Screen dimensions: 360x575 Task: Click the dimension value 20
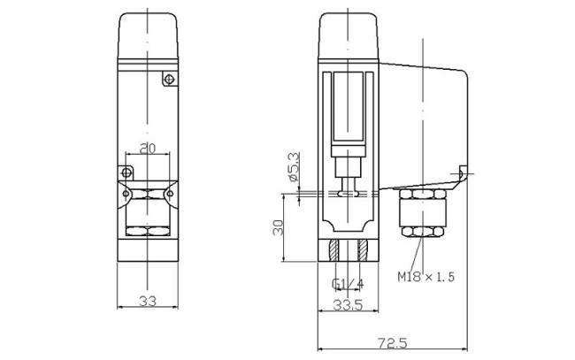[x=148, y=149]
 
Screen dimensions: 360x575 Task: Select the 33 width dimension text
[x=148, y=302]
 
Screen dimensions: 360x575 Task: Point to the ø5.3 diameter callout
[x=294, y=167]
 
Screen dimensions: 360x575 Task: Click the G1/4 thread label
[x=348, y=283]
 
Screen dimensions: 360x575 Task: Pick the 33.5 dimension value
[x=349, y=305]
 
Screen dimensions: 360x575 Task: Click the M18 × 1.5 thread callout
[x=425, y=278]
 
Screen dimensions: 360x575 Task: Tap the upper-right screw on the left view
[x=168, y=80]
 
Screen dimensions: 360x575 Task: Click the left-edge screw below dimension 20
[x=126, y=171]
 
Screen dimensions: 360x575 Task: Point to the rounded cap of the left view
[x=148, y=35]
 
